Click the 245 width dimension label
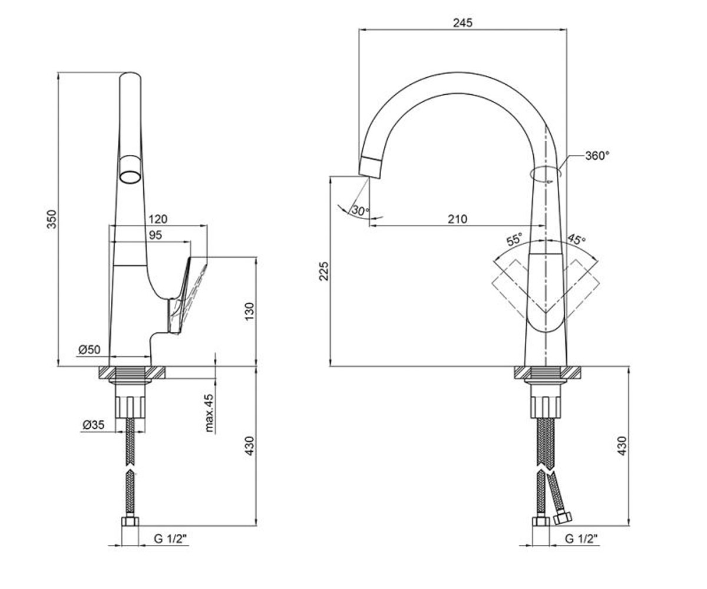pos(462,23)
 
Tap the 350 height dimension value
pos(51,219)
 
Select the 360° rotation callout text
pos(597,155)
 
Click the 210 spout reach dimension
pos(457,219)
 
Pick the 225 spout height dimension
pos(324,271)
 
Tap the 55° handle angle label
pos(514,239)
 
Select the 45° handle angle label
pos(576,239)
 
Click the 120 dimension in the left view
pos(158,219)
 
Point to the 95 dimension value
pos(156,235)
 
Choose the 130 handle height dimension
pos(249,312)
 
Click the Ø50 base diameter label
pos(90,349)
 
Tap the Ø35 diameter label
pos(93,425)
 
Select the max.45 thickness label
pos(210,413)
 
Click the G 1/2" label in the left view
pos(170,538)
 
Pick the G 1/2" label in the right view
pos(581,538)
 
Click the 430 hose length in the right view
pos(622,446)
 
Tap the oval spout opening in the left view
pos(130,177)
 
